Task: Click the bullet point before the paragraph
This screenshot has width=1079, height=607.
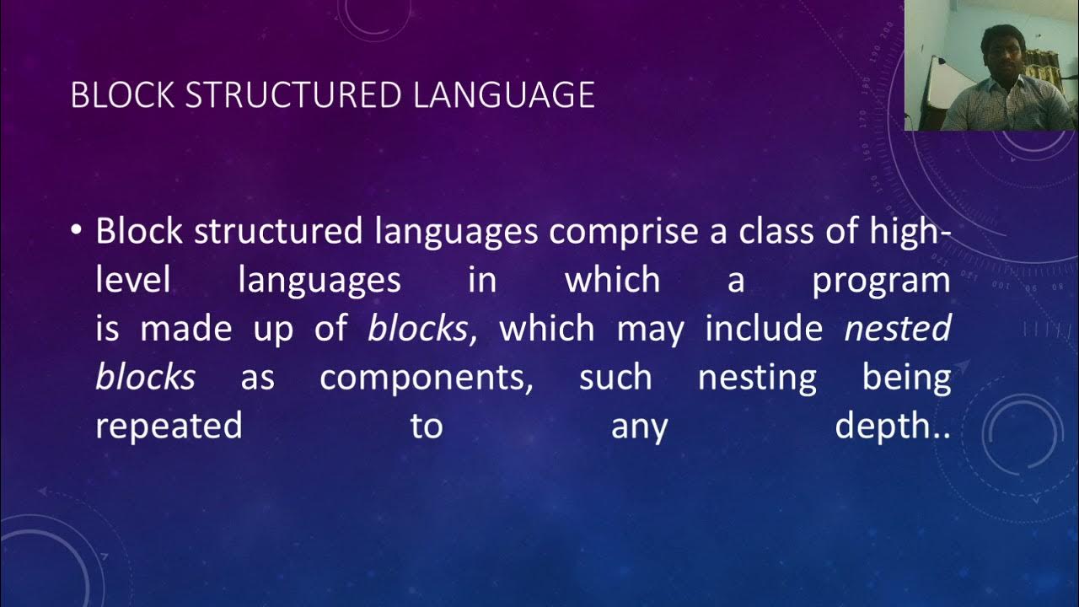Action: pyautogui.click(x=78, y=229)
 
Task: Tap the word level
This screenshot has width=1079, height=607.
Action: pyautogui.click(x=133, y=280)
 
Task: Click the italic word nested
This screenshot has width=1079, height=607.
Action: pyautogui.click(x=898, y=329)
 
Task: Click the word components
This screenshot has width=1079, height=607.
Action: pyautogui.click(x=426, y=378)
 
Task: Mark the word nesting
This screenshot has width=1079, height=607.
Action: pyautogui.click(x=757, y=378)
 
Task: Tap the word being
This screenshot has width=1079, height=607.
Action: pyautogui.click(x=906, y=378)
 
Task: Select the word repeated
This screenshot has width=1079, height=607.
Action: pyautogui.click(x=169, y=427)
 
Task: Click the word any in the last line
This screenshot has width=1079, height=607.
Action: pyautogui.click(x=639, y=427)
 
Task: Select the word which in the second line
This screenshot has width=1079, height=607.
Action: pyautogui.click(x=612, y=280)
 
